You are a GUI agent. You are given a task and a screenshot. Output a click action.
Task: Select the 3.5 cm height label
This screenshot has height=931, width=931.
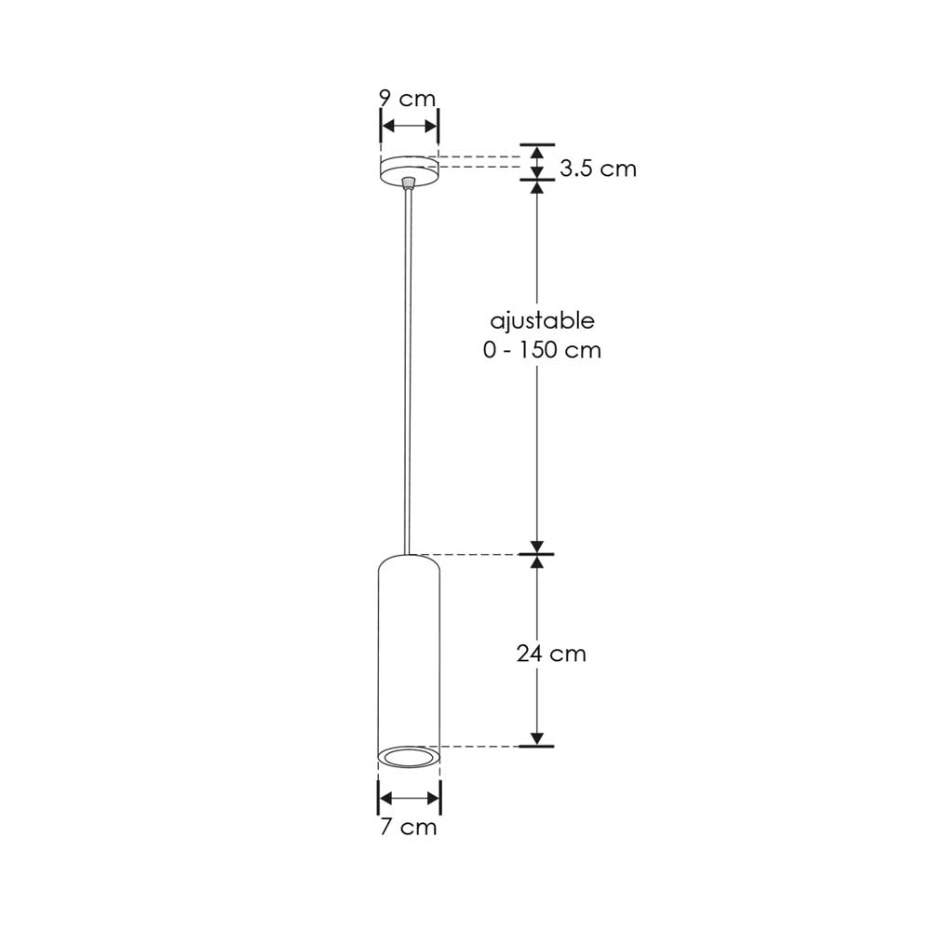point(598,169)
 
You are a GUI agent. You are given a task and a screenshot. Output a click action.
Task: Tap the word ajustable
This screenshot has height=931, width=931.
point(543,321)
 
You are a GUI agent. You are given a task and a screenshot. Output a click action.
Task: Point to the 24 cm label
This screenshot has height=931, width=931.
point(552,654)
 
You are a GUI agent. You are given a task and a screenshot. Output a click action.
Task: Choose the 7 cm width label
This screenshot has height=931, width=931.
point(408,827)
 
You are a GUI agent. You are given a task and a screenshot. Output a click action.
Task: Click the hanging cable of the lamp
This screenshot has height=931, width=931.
point(409,372)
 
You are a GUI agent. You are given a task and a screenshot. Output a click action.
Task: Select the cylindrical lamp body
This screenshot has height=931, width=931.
point(409,652)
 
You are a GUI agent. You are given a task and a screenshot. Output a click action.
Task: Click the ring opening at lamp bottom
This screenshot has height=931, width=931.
point(409,757)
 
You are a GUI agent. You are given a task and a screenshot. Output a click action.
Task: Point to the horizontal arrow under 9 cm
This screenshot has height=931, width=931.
point(409,126)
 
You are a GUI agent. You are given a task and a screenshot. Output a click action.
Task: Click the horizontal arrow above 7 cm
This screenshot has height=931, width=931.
point(409,798)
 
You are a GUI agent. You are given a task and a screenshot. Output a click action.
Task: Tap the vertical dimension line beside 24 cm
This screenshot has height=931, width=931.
point(536,652)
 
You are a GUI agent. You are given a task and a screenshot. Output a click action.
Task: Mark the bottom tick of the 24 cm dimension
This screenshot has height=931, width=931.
point(536,746)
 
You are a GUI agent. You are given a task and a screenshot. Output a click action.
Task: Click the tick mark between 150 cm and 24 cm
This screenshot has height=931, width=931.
point(536,555)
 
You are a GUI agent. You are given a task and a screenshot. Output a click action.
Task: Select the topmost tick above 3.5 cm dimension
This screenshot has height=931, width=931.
point(536,145)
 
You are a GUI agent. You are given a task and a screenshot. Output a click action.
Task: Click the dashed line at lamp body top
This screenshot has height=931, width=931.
point(475,556)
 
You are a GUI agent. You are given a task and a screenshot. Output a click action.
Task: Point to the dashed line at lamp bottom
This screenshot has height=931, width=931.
point(479,747)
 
